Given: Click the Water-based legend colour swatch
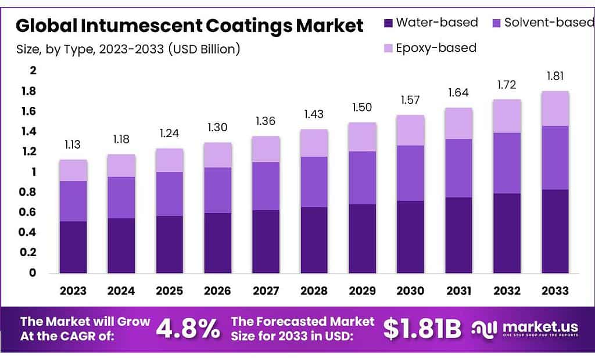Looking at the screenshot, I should [388, 23].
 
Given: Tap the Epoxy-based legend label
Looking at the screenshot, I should [436, 48].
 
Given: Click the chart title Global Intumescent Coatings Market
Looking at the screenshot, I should [189, 26].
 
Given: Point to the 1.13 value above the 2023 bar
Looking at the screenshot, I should [73, 145].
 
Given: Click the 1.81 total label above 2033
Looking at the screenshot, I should [555, 76].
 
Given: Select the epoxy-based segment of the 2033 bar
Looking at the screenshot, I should [555, 109].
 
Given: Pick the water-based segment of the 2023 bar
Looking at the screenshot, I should [73, 247].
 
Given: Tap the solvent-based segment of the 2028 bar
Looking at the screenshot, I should [314, 182].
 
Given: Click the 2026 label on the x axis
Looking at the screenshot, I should [218, 290].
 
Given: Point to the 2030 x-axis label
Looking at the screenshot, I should [411, 290].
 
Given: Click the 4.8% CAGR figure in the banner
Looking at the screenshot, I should [188, 329].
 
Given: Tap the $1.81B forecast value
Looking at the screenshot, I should [422, 329].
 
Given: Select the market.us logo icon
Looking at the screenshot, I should [486, 329].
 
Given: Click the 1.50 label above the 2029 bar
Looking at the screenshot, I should [363, 107].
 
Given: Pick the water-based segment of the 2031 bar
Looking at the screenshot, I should [459, 235].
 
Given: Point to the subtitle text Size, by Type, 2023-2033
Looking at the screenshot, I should [128, 49].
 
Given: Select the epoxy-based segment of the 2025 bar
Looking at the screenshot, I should [170, 160].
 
